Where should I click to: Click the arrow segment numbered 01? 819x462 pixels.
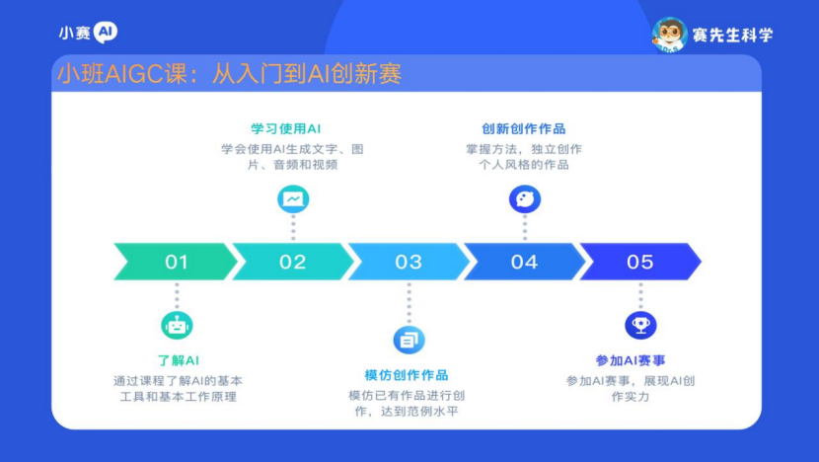(x=176, y=262)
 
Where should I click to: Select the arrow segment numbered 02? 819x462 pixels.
(x=292, y=262)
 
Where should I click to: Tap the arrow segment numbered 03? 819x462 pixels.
(x=409, y=262)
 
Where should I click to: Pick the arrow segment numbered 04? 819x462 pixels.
(x=524, y=262)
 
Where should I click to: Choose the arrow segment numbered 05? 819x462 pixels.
(x=640, y=262)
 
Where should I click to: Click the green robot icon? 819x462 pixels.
(x=177, y=326)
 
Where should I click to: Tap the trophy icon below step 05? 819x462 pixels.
(x=640, y=325)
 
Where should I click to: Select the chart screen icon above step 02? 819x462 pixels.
(x=293, y=199)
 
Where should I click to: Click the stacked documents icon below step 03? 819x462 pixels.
(x=409, y=341)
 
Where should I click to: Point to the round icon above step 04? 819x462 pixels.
(x=525, y=199)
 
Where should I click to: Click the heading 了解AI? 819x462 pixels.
(x=179, y=360)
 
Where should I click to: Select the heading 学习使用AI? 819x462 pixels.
(x=286, y=128)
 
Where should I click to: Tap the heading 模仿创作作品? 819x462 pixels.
(x=407, y=375)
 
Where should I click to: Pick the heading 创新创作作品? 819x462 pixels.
(x=523, y=128)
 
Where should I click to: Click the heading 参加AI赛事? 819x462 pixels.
(x=631, y=360)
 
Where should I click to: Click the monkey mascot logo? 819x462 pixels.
(x=670, y=35)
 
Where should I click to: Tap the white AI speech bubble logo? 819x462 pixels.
(x=106, y=33)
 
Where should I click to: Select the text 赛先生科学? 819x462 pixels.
(x=732, y=35)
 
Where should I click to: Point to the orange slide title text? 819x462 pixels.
(x=229, y=74)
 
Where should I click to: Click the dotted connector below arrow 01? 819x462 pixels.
(x=177, y=296)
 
